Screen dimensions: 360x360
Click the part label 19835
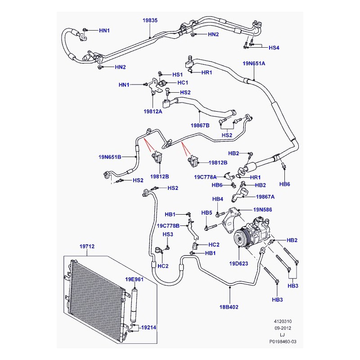[150, 20]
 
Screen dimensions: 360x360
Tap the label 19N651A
[254, 63]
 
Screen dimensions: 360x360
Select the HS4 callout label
[274, 48]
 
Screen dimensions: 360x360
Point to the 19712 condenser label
[87, 246]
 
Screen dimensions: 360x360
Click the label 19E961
[134, 279]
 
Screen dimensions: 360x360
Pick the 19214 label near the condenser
[148, 328]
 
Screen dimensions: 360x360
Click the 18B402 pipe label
[229, 307]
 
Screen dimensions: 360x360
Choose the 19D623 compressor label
[238, 264]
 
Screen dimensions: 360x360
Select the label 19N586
[263, 210]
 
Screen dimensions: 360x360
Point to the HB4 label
[218, 199]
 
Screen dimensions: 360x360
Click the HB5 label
[207, 213]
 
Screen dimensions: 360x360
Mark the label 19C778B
[168, 226]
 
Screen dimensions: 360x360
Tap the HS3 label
[168, 234]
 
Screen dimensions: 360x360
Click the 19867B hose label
[200, 126]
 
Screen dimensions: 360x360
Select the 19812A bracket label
[153, 112]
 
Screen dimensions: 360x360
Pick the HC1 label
[183, 82]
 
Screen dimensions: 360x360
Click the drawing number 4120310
[283, 321]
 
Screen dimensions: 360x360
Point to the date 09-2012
[283, 328]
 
